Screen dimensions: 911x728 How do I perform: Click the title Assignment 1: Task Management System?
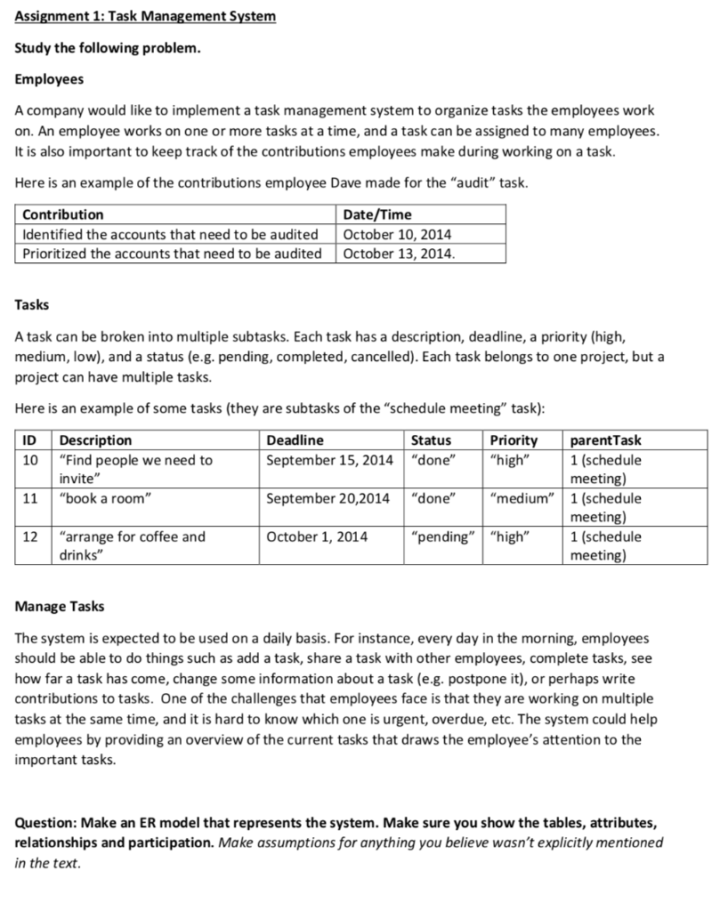(145, 17)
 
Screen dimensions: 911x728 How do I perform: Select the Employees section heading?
(50, 79)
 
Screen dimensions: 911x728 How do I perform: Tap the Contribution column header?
(62, 214)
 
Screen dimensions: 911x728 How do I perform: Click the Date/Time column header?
(377, 214)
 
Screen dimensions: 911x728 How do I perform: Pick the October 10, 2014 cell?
(397, 234)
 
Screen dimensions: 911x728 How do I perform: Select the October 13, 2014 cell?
(400, 254)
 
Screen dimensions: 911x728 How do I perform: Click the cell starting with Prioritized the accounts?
(172, 254)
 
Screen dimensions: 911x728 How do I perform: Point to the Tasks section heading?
(33, 305)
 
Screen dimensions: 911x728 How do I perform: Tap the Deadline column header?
(295, 440)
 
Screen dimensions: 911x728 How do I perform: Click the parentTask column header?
(605, 440)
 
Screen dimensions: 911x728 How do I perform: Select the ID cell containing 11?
(30, 498)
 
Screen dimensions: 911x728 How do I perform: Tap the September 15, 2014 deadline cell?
(329, 460)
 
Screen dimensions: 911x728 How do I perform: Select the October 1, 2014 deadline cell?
(317, 536)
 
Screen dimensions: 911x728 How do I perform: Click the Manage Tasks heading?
(60, 606)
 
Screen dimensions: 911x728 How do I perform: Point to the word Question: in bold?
(47, 824)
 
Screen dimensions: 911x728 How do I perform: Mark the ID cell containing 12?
(30, 536)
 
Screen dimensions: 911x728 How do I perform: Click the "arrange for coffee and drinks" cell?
(132, 545)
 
